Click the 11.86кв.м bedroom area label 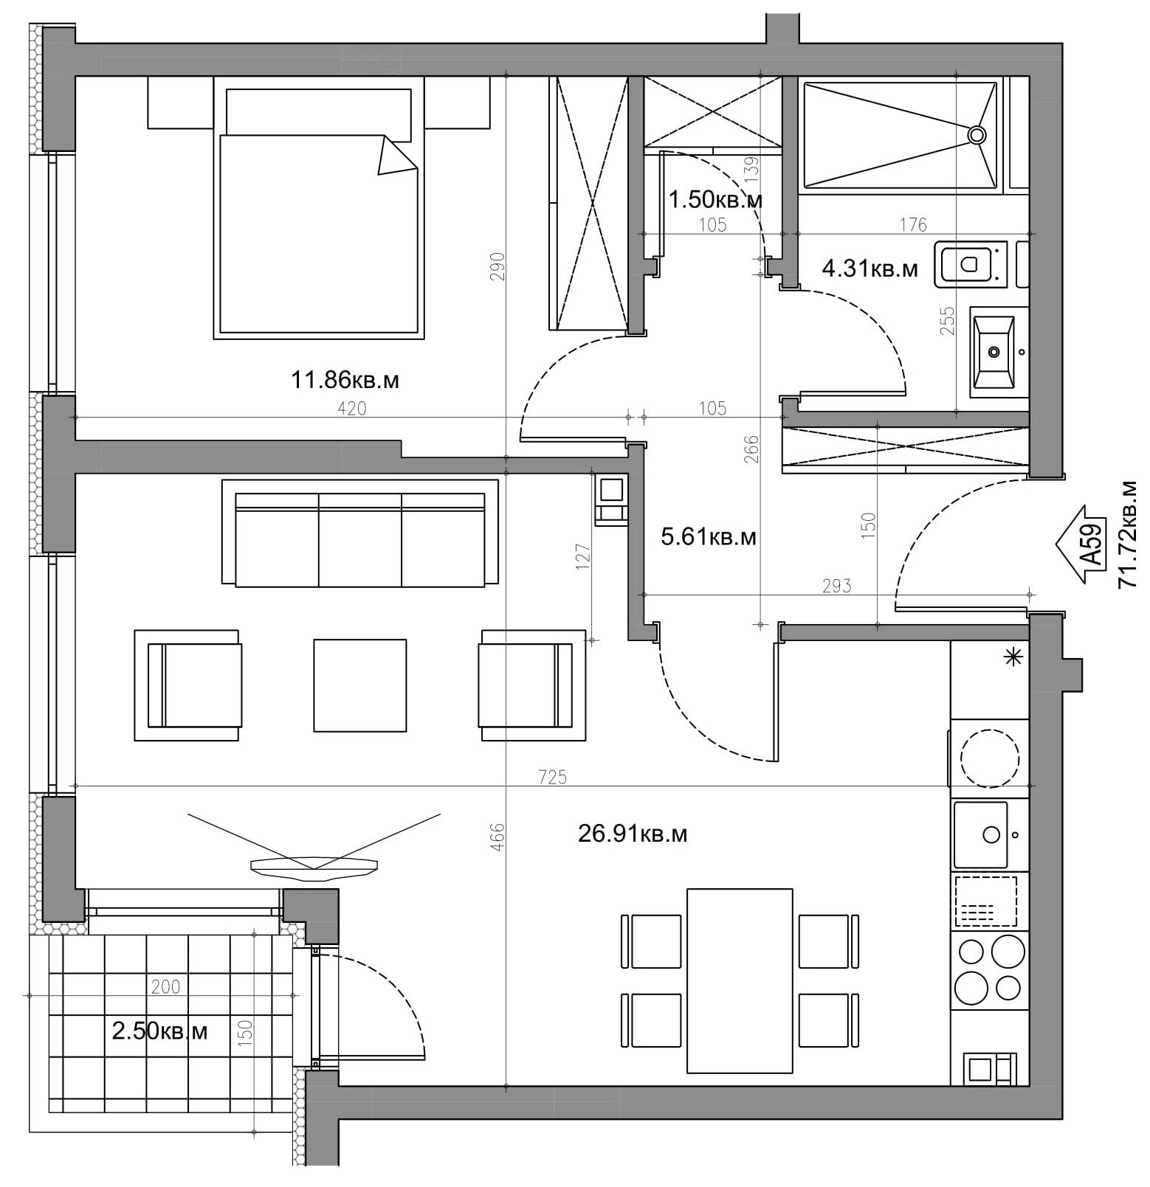(x=345, y=380)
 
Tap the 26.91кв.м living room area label (x=633, y=834)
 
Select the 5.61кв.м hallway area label (x=709, y=536)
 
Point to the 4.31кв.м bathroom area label (x=870, y=269)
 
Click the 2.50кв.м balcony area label (x=159, y=1031)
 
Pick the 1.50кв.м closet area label (x=715, y=199)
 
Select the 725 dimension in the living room (x=552, y=776)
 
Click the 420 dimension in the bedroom (x=351, y=408)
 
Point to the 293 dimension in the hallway (x=836, y=586)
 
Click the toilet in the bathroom (x=970, y=263)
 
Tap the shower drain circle (x=977, y=134)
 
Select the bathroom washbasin (x=994, y=352)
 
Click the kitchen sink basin (x=980, y=835)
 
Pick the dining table (x=740, y=980)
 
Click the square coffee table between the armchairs (x=359, y=685)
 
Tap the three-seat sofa (x=360, y=533)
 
